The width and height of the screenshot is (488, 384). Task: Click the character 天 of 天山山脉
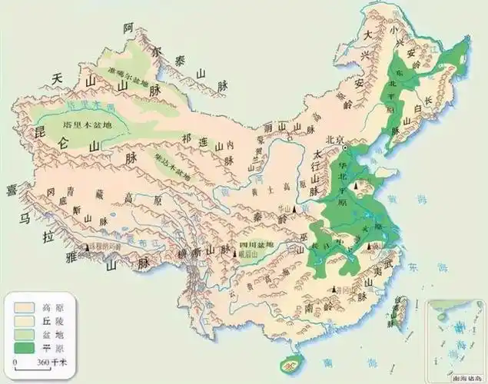click(56, 79)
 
